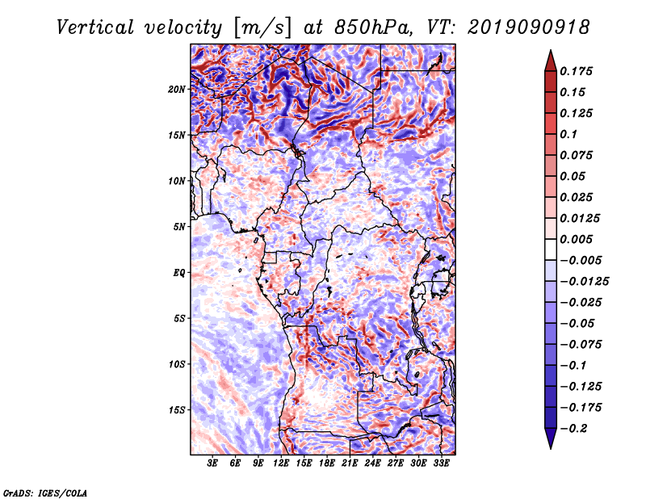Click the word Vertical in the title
[95, 27]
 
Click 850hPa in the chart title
[373, 27]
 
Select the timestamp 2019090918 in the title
[529, 27]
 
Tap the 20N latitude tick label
[177, 90]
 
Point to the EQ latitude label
[178, 273]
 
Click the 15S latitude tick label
[177, 410]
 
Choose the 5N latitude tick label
[179, 227]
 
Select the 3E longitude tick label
[212, 463]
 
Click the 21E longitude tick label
[350, 463]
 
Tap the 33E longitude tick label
[441, 463]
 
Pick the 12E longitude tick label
[281, 463]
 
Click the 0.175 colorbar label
[576, 71]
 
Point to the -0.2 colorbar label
[573, 429]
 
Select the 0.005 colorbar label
[576, 239]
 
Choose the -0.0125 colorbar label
[584, 282]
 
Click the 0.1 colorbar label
[568, 134]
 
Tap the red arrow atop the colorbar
[551, 61]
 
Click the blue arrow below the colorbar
[551, 438]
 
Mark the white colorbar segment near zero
[551, 249]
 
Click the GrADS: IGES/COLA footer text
[45, 493]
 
